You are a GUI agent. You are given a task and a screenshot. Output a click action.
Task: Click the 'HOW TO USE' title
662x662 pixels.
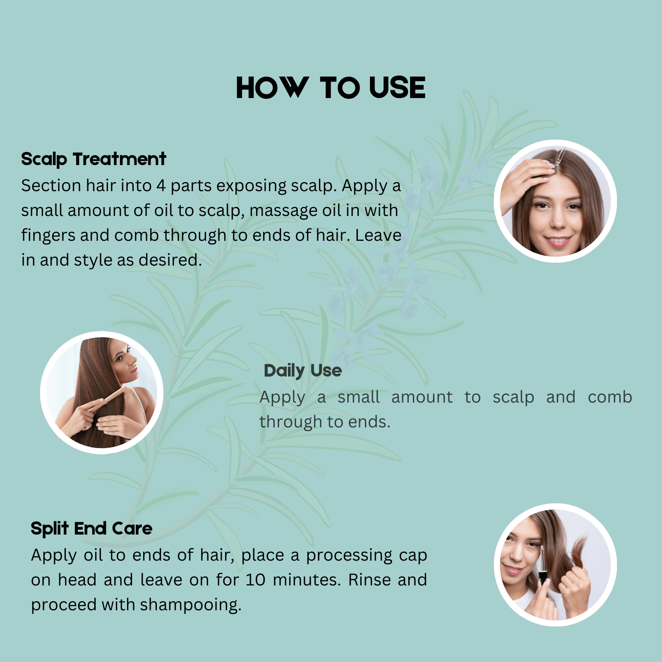[x=331, y=88]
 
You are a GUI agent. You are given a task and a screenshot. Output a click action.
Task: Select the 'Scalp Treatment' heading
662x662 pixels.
[x=94, y=159]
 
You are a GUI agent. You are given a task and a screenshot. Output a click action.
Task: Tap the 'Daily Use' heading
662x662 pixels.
[x=302, y=371]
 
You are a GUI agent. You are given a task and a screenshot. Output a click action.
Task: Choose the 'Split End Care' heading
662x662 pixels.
[x=91, y=529]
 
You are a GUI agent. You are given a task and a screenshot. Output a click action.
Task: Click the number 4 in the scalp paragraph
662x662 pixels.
[x=161, y=186]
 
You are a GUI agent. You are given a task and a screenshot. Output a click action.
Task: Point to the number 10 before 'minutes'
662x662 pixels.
[x=255, y=580]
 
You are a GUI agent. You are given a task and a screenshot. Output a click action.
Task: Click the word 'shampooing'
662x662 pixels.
[x=190, y=605]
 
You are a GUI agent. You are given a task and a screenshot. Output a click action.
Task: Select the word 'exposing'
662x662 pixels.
[x=251, y=186]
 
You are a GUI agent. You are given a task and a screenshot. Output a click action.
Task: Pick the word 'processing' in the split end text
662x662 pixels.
[x=349, y=556]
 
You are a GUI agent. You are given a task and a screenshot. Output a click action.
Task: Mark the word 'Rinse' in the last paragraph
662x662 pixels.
[x=369, y=580]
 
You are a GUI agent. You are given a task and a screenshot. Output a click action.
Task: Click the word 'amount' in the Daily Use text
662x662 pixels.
[x=422, y=397]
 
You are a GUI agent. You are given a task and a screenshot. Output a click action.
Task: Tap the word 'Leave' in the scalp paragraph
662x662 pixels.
[x=378, y=235]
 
